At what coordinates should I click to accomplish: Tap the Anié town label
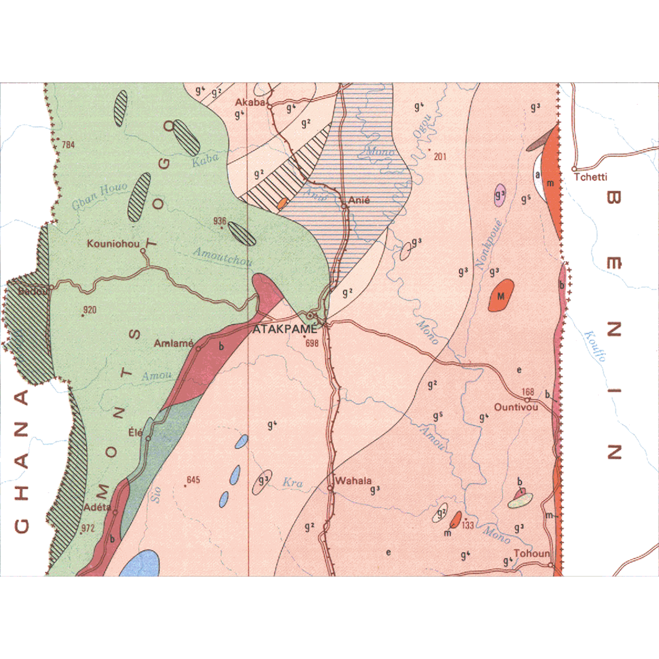(x=360, y=200)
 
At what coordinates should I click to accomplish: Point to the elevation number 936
(x=219, y=221)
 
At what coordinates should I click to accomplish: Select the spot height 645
(x=194, y=480)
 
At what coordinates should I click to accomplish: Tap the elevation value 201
(x=440, y=156)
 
